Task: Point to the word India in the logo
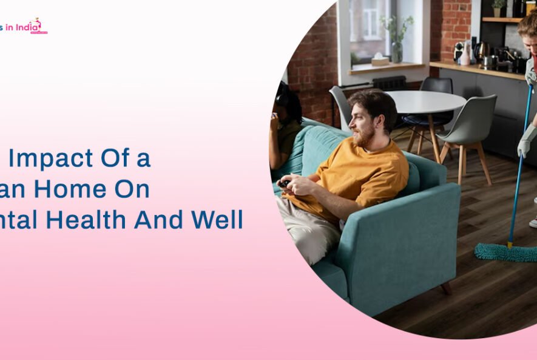[28, 26]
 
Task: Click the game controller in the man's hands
[284, 183]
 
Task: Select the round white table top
[419, 100]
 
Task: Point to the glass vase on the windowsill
[396, 52]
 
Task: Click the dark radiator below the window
[389, 82]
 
